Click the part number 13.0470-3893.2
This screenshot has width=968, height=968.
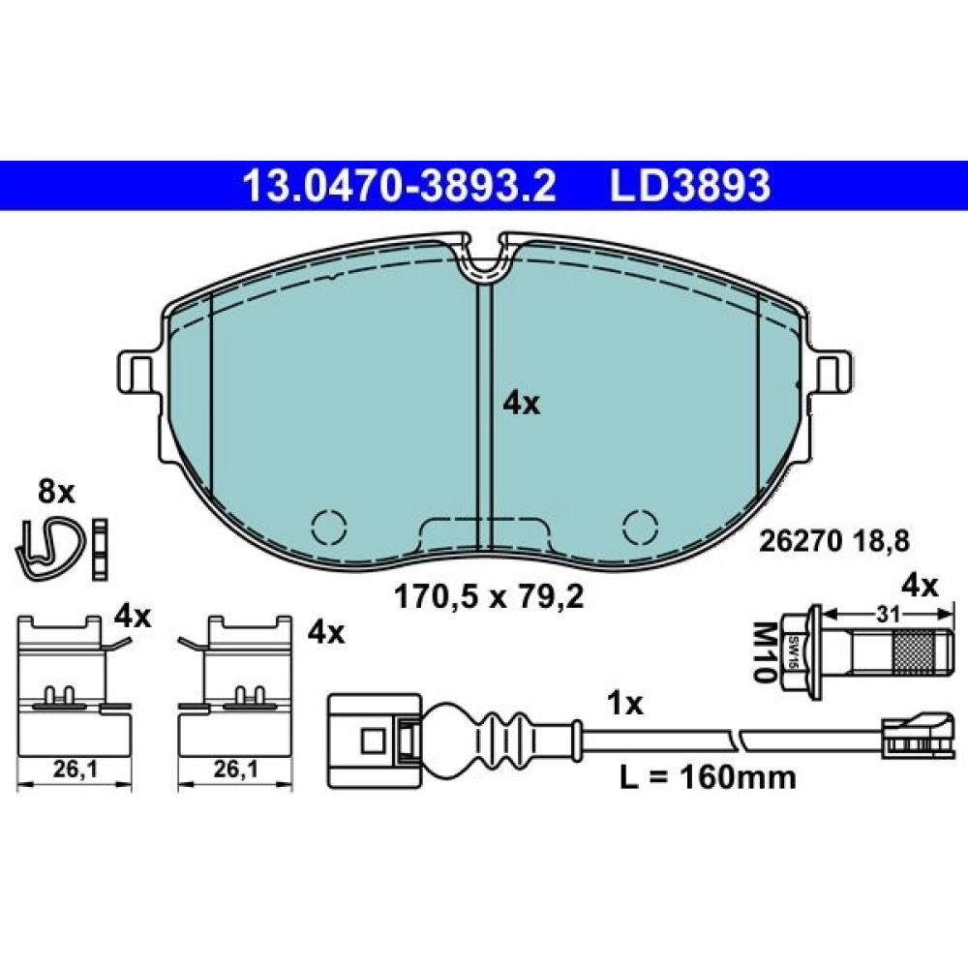click(x=400, y=186)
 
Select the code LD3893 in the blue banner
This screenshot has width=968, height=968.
click(x=690, y=186)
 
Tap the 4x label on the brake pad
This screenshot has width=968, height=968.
click(x=521, y=405)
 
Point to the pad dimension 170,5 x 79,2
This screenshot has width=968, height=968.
click(x=488, y=597)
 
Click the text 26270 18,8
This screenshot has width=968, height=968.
click(x=834, y=542)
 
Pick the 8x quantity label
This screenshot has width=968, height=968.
click(x=56, y=493)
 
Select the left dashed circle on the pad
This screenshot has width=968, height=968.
click(x=328, y=528)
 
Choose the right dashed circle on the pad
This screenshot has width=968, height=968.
click(x=640, y=528)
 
